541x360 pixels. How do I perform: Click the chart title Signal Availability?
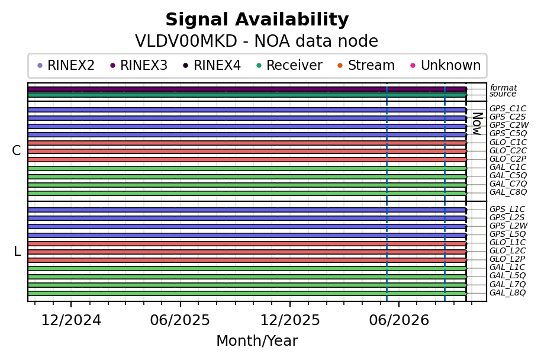(257, 20)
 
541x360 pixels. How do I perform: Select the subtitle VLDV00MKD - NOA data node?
(257, 41)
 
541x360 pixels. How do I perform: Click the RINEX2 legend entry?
(66, 65)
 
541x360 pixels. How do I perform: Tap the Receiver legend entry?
(291, 65)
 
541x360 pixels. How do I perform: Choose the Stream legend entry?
(366, 65)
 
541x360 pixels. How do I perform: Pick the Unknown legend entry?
(446, 65)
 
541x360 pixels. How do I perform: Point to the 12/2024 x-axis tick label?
(71, 320)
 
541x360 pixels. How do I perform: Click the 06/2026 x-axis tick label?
(399, 320)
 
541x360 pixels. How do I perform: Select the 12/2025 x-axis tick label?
(290, 320)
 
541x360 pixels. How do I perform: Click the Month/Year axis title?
(257, 341)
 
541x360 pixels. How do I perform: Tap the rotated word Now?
(477, 124)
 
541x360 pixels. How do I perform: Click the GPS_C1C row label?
(507, 109)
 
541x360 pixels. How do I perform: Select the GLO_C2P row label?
(508, 159)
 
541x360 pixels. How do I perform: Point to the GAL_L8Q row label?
(507, 293)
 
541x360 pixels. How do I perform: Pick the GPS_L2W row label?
(508, 226)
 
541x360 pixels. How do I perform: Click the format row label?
(503, 88)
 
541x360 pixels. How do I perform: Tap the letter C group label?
(16, 150)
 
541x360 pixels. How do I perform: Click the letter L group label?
(17, 251)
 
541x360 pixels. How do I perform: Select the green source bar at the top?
(247, 95)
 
